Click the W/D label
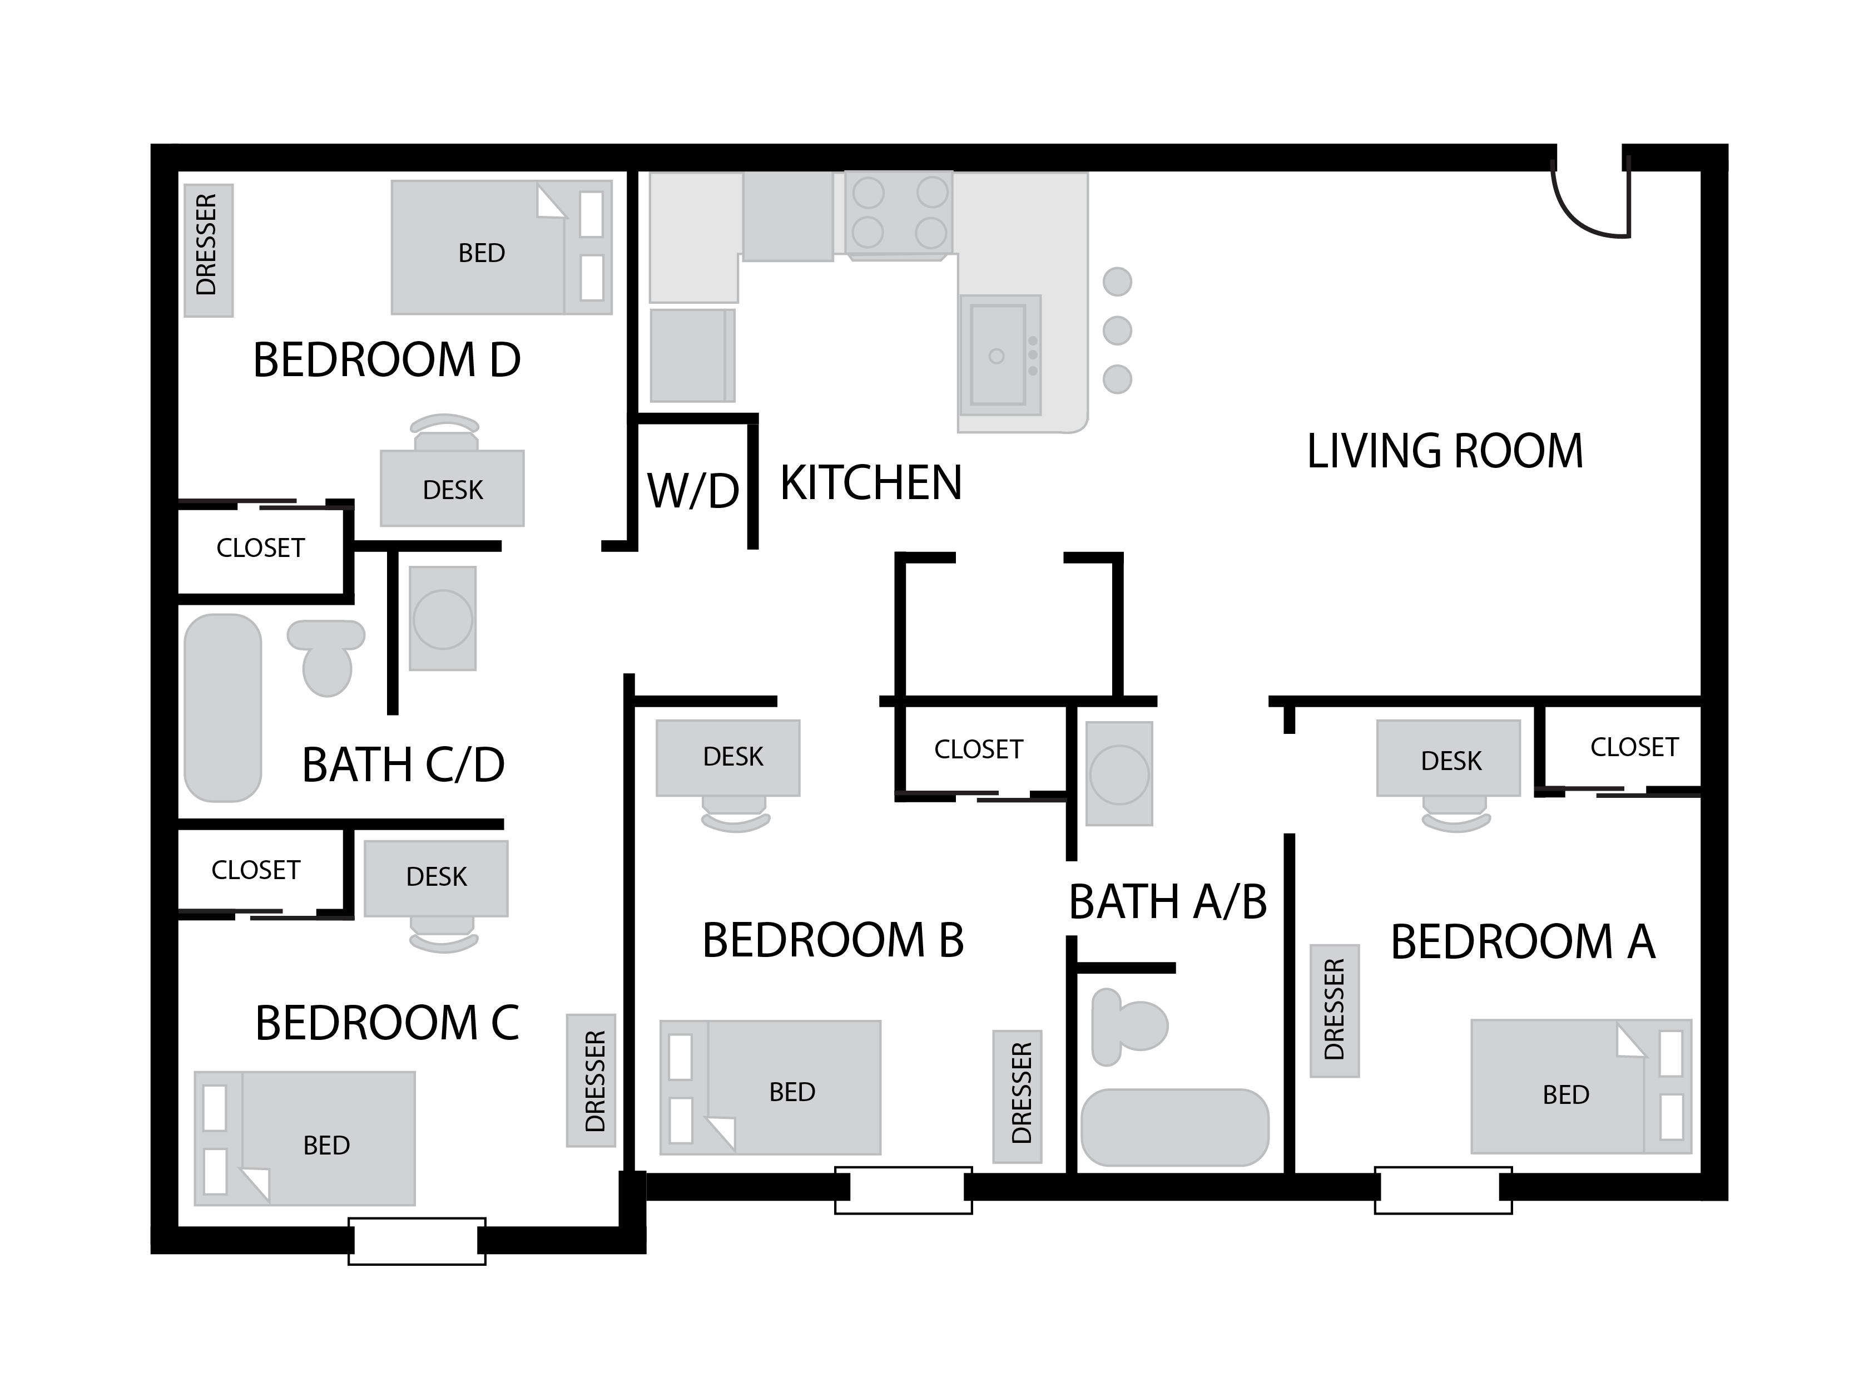point(692,491)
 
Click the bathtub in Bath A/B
point(1175,1127)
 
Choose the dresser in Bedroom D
point(208,250)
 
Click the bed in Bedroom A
point(1582,1086)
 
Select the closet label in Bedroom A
point(1634,747)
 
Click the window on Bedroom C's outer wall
point(417,1241)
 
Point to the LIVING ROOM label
point(1445,451)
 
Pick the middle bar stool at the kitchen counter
point(1117,331)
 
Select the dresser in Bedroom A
point(1335,1009)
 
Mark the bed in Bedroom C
point(305,1138)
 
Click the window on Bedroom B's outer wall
point(904,1190)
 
